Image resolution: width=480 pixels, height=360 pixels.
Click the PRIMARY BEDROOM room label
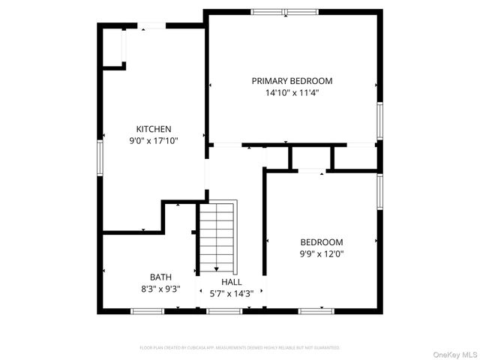pos(292,81)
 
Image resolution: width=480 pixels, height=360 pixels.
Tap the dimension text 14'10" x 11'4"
pos(292,94)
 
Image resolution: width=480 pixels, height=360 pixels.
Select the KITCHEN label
pos(154,129)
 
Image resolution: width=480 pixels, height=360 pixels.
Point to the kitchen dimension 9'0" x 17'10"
pos(154,140)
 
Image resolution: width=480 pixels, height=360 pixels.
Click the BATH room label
pos(160,277)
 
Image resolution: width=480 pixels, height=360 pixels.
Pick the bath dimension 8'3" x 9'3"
pos(160,288)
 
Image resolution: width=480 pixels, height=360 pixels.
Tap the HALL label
pos(231,281)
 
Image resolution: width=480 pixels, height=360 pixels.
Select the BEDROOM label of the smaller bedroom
pos(322,242)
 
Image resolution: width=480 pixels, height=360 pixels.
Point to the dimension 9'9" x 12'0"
pos(322,253)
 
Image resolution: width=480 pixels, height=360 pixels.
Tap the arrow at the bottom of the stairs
pos(217,268)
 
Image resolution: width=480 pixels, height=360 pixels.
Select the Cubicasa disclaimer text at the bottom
pos(240,348)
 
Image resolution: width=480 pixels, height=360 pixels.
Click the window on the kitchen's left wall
pos(100,157)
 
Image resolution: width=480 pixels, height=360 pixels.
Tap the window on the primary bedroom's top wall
pos(284,11)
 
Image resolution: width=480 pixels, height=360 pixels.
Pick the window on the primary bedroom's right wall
pos(380,120)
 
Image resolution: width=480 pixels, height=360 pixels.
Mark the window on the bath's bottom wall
pos(142,310)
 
